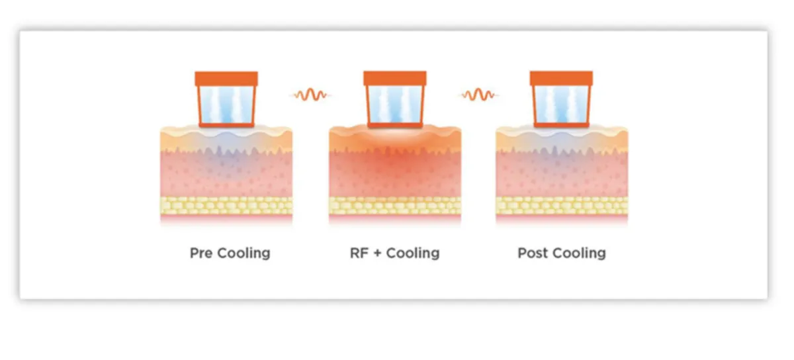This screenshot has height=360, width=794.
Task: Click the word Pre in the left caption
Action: (201, 253)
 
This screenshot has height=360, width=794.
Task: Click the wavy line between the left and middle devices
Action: (310, 95)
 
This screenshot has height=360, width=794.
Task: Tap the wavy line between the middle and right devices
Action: (478, 95)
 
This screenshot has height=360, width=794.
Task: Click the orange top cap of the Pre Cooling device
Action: (226, 79)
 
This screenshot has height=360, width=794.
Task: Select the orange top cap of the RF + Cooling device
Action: (395, 79)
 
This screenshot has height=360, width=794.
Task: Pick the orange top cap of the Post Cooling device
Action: (561, 79)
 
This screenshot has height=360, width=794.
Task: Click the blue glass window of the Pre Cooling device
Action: (226, 105)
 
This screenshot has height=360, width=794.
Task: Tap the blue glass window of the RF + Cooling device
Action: (395, 105)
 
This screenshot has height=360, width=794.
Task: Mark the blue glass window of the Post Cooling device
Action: (561, 105)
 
